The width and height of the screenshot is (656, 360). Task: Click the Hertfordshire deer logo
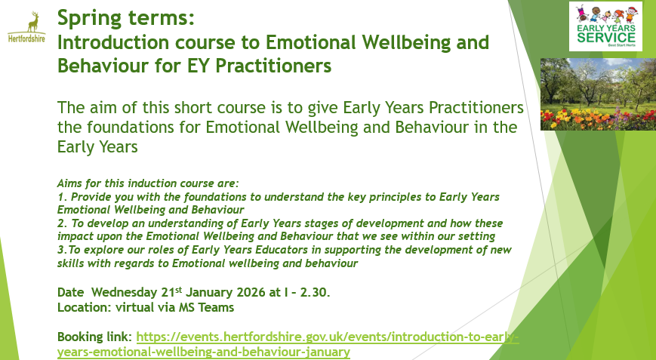click(x=26, y=27)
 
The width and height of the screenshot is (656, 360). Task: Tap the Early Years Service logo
click(x=605, y=26)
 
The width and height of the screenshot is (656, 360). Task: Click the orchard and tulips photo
click(x=599, y=94)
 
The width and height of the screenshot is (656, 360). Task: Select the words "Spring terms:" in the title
click(x=126, y=18)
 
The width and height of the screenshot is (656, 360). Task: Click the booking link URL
click(x=288, y=344)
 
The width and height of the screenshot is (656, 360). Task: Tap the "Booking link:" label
click(x=95, y=337)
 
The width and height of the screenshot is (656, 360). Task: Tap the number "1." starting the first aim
click(x=63, y=197)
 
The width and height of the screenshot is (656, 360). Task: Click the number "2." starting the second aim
click(x=63, y=223)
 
